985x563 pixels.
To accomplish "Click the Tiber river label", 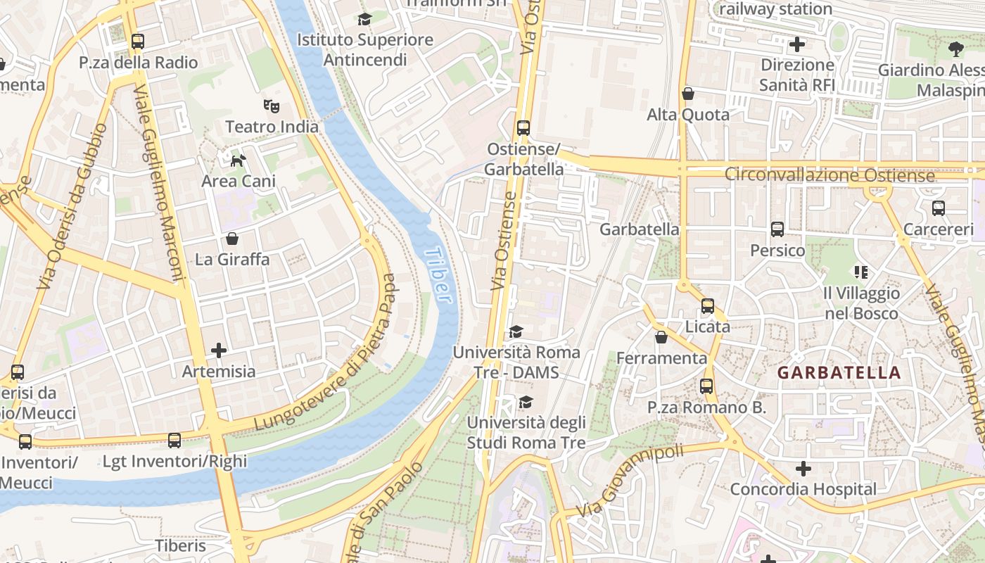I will pos(438,275).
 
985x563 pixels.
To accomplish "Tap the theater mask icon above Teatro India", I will pos(272,106).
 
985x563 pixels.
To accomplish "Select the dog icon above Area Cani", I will pos(239,160).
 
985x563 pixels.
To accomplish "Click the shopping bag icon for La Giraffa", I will pos(231,239).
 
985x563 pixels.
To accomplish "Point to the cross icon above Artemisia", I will pos(219,350).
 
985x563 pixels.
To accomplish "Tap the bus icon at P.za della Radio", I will pos(138,42).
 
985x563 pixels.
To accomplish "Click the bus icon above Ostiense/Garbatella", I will pos(523,128).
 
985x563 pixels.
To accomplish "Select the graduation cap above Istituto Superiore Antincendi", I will pos(364,19).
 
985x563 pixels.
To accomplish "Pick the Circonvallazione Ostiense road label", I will pos(830,175).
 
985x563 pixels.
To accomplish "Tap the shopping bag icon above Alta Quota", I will pos(688,94).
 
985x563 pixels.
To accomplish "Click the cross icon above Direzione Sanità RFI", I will pos(797,45).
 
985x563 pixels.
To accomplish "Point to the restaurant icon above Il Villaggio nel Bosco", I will pos(861,272).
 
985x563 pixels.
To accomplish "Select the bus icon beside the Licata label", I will pos(708,306).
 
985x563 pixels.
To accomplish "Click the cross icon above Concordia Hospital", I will pos(803,469).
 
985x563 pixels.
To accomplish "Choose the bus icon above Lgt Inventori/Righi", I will pos(174,441).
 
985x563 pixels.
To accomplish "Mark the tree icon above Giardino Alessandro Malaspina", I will pos(955,49).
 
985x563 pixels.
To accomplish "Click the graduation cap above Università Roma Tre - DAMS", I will pos(516,331).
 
